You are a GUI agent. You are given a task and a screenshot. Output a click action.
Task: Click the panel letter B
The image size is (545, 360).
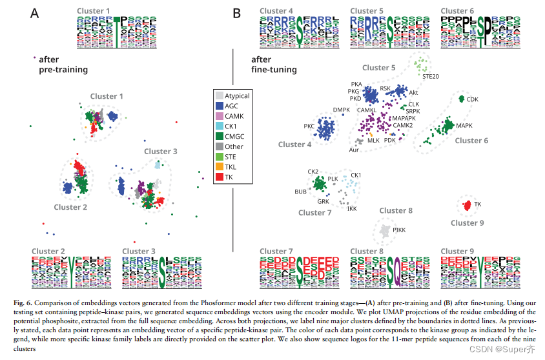[237, 12]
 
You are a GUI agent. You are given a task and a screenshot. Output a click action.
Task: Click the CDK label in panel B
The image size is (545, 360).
[473, 99]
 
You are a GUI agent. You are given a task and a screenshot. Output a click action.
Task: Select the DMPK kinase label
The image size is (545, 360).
[340, 110]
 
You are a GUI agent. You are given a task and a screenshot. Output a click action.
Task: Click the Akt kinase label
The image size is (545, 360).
[413, 93]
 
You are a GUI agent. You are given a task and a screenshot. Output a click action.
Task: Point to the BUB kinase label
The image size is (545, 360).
[300, 192]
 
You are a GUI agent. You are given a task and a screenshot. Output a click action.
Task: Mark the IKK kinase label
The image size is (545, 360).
[351, 209]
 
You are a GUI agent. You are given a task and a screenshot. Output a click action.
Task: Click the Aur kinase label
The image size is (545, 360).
[354, 150]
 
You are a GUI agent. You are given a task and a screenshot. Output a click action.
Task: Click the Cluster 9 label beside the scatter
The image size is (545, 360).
[463, 223]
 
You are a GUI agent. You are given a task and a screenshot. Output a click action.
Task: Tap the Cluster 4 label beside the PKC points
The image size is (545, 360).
[295, 145]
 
